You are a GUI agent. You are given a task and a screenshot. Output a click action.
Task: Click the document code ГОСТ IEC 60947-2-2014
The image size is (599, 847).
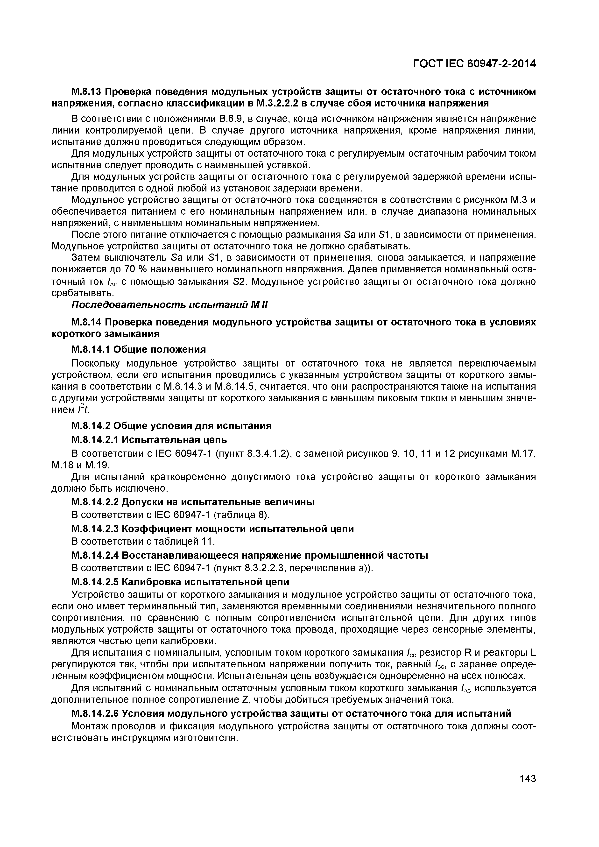[474, 64]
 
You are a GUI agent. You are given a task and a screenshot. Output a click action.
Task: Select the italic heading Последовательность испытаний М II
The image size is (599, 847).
[169, 305]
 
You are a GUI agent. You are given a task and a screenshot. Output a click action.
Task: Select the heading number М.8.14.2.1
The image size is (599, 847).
[95, 440]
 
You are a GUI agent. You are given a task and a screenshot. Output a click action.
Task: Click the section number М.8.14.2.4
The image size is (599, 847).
[95, 555]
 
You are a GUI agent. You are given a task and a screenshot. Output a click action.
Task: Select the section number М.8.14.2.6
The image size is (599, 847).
[95, 713]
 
